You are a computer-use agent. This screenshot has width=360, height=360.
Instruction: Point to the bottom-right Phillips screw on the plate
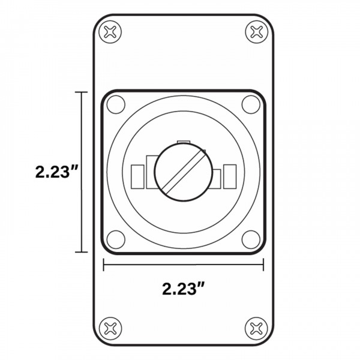click(x=257, y=327)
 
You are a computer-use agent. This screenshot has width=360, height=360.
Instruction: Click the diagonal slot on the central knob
click(x=183, y=172)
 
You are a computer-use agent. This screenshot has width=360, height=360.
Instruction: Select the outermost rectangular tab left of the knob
click(x=136, y=175)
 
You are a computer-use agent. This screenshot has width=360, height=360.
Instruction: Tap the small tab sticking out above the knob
click(x=183, y=142)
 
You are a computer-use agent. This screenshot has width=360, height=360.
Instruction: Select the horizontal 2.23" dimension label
click(x=184, y=288)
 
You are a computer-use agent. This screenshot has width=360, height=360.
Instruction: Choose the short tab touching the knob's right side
click(x=217, y=178)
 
